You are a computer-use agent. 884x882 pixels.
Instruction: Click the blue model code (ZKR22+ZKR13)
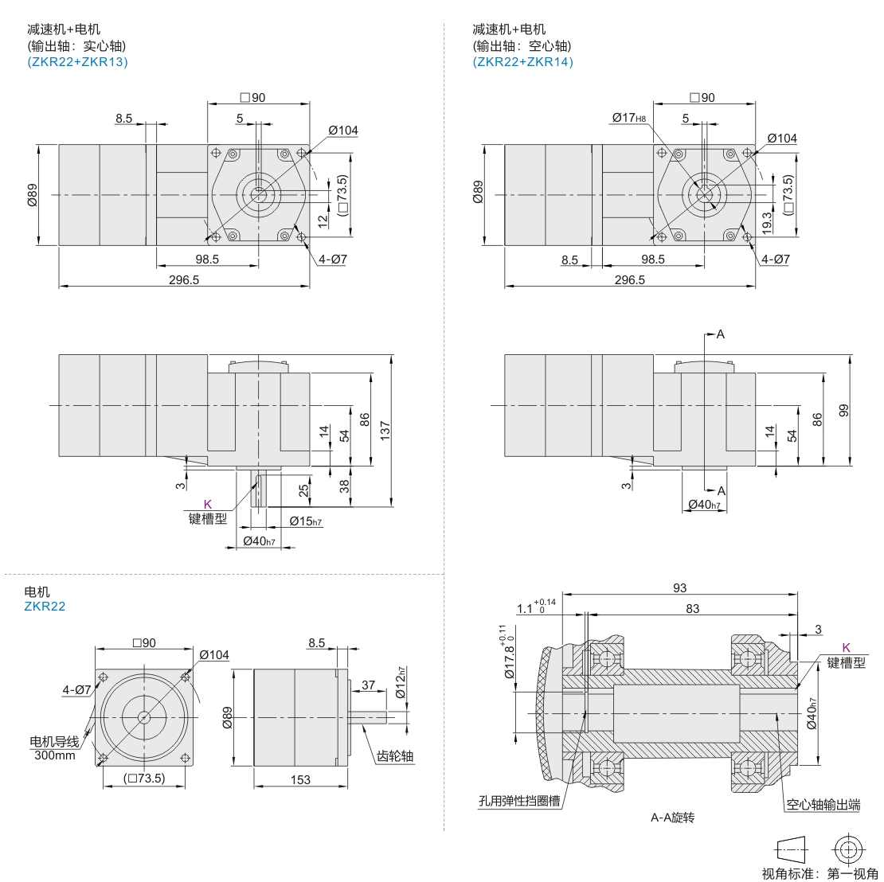click(78, 61)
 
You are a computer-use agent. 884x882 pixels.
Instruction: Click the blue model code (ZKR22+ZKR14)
click(523, 61)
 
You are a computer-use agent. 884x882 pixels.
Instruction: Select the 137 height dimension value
click(385, 431)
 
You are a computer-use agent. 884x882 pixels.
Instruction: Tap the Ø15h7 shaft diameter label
click(306, 521)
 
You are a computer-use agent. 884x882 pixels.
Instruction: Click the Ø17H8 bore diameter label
click(629, 118)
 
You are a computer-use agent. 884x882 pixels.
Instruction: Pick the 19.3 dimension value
click(767, 223)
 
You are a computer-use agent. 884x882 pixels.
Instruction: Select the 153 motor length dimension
click(300, 779)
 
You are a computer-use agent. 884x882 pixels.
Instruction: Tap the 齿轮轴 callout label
click(395, 756)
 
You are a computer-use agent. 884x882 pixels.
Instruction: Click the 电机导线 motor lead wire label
click(55, 741)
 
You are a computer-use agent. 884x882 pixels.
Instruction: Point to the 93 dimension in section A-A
click(680, 587)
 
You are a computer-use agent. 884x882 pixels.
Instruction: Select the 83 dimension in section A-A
click(692, 609)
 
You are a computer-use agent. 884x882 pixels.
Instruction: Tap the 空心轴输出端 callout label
click(823, 805)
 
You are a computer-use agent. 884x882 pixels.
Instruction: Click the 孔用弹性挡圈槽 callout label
click(519, 800)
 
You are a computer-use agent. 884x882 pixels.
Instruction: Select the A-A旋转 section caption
click(673, 818)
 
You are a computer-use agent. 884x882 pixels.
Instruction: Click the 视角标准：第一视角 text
click(819, 873)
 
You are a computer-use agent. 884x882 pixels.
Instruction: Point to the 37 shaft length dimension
click(368, 685)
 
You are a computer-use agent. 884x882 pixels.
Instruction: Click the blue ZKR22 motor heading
click(45, 607)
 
